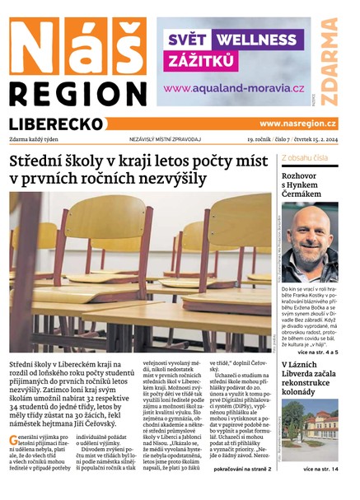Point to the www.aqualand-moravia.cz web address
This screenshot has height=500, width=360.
coord(234,88)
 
